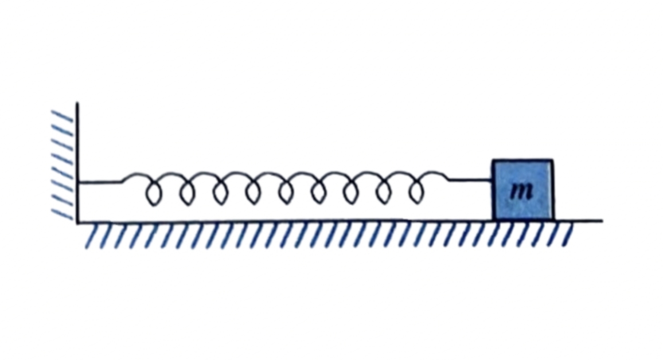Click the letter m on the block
pyautogui.click(x=522, y=191)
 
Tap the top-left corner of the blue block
pyautogui.click(x=493, y=161)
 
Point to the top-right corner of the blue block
pyautogui.click(x=552, y=161)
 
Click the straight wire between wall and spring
pyautogui.click(x=100, y=182)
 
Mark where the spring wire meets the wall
pyautogui.click(x=78, y=182)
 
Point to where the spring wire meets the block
pyautogui.click(x=492, y=180)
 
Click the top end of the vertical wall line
pyautogui.click(x=77, y=103)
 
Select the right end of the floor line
pyautogui.click(x=602, y=221)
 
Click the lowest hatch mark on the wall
pyautogui.click(x=62, y=214)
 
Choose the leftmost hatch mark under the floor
pyautogui.click(x=92, y=236)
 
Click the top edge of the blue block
pyautogui.click(x=522, y=160)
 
